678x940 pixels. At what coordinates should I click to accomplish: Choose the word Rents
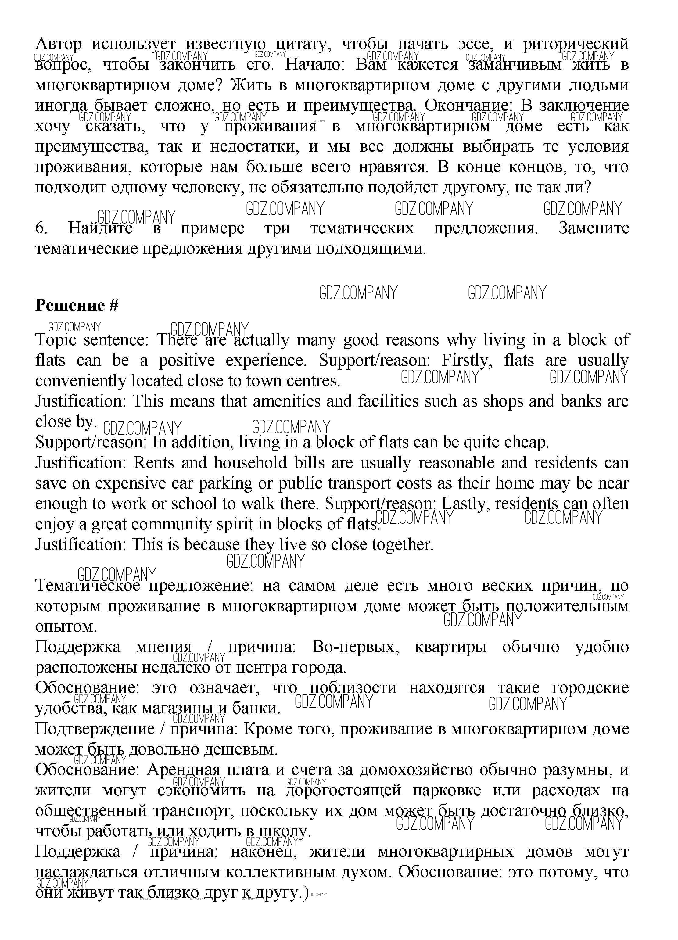153,463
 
